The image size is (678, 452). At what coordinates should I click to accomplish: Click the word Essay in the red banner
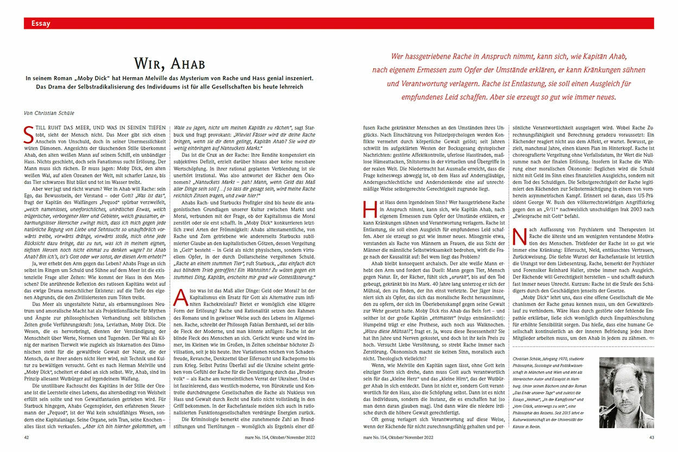tap(41, 23)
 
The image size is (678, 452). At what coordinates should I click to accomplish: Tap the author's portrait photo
tap(626, 392)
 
